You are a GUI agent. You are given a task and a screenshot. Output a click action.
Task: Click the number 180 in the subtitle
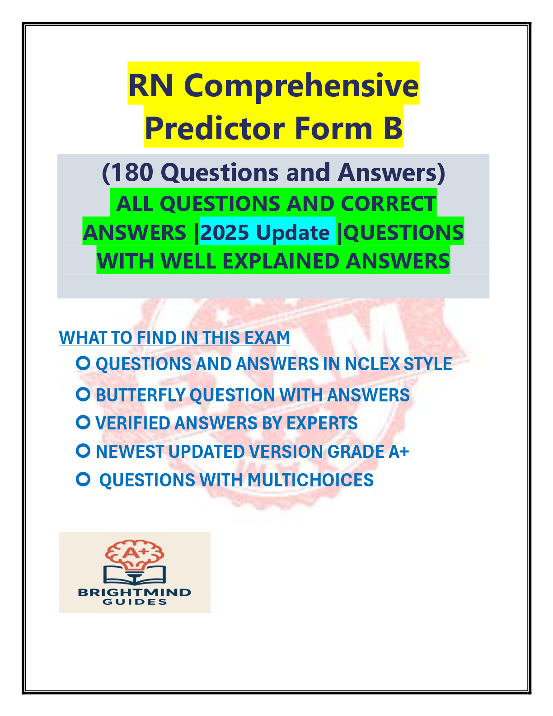coord(131,173)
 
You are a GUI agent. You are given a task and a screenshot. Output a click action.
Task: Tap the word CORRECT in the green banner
coord(388,204)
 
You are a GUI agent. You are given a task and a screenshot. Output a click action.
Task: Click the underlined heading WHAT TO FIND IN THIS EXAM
coord(174,338)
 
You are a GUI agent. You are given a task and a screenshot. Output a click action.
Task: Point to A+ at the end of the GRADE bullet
coord(398,452)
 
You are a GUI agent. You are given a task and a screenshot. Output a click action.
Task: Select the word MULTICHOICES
coord(310,480)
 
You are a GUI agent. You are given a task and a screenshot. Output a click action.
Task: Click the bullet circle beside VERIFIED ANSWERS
coord(83,423)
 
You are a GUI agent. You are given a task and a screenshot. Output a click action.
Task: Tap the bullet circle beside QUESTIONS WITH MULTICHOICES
coord(83,480)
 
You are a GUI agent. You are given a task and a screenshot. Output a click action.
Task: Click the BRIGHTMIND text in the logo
coord(135,592)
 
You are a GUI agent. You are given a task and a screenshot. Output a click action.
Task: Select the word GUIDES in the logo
coord(135,602)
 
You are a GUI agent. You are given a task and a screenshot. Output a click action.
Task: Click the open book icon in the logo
coord(135,575)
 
